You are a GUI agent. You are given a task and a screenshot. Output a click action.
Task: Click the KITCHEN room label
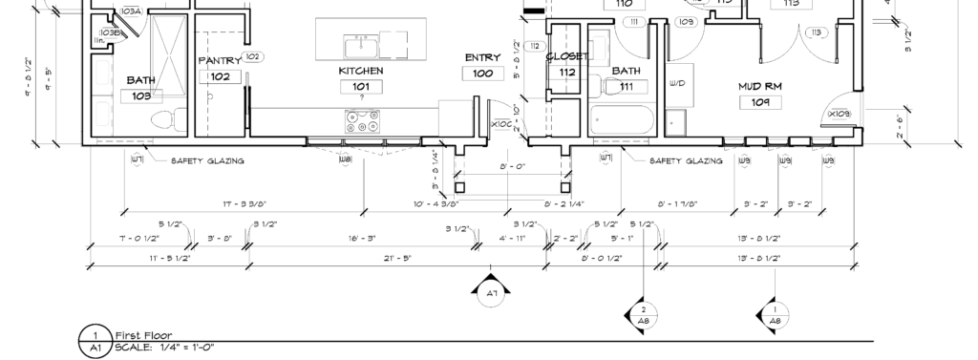361,71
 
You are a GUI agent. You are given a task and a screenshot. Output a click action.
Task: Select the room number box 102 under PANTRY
220,76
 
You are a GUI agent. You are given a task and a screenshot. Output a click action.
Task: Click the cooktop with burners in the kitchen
362,121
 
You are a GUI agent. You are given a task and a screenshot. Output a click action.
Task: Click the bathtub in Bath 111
622,121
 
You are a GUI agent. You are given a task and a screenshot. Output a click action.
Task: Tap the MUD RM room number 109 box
760,101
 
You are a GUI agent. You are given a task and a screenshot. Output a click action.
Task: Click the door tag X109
839,115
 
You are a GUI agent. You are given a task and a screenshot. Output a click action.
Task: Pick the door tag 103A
131,11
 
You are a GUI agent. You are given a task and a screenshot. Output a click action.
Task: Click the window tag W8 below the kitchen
345,159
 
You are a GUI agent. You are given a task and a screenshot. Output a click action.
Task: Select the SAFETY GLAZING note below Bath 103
206,161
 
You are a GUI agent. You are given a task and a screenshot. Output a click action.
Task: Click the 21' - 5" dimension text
364,258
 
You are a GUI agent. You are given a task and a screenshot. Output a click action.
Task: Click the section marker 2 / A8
644,316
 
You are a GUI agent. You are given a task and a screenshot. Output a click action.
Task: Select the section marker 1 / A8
774,316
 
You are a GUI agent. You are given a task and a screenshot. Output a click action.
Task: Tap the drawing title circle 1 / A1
96,340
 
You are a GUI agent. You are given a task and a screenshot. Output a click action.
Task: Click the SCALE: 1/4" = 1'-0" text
164,348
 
